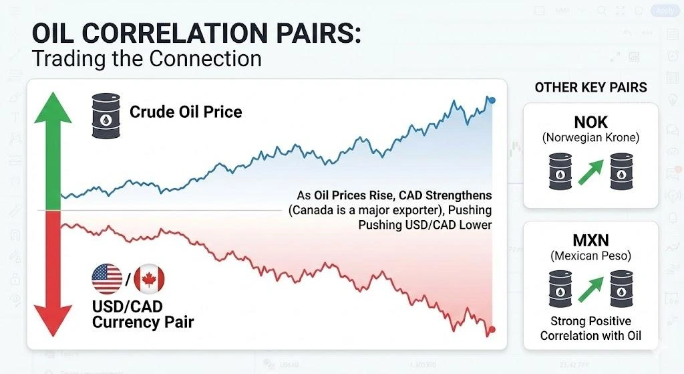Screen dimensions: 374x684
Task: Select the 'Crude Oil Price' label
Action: [186, 111]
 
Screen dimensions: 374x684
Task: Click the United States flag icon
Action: [106, 279]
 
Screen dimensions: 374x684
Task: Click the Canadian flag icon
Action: [149, 279]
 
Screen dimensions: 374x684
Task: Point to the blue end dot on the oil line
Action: [492, 100]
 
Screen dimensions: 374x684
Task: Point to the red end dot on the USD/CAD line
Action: [492, 329]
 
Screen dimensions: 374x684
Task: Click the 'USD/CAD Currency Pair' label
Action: [143, 314]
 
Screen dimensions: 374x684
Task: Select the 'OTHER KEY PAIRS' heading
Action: [590, 88]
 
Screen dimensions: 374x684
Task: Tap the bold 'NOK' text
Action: [590, 122]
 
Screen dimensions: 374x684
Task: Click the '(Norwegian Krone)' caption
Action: [590, 138]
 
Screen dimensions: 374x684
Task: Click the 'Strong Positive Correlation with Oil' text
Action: [590, 328]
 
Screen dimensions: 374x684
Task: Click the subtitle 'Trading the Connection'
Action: [146, 58]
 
